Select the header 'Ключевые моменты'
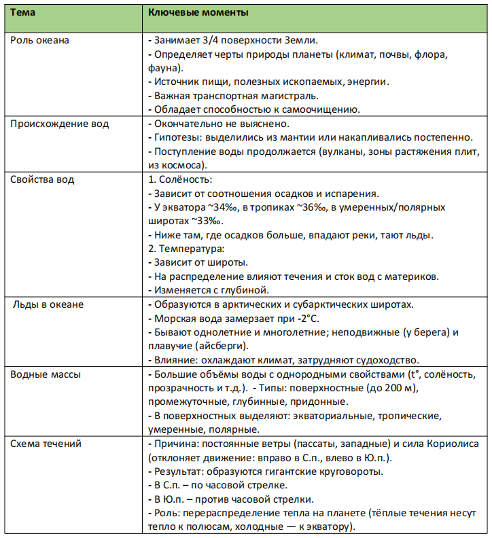tap(198, 13)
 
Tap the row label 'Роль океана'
tap(39, 40)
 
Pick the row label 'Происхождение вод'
tap(59, 124)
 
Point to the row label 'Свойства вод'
tap(42, 180)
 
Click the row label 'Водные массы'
tap(46, 375)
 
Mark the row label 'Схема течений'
tap(46, 444)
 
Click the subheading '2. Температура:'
tap(182, 249)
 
